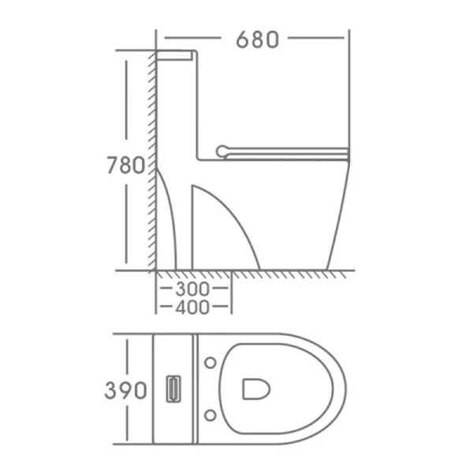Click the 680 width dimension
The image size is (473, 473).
tap(257, 39)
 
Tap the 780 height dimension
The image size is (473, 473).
tap(126, 165)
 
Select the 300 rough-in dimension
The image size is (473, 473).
tap(192, 289)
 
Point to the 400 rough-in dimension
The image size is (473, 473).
tap(192, 307)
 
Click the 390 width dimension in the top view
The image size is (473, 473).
tap(125, 390)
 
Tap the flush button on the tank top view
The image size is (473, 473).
tap(173, 389)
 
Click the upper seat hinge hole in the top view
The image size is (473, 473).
tap(210, 363)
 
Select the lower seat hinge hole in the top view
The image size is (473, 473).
tap(210, 415)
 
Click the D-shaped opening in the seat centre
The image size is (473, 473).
tap(256, 389)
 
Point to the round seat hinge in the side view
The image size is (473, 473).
tap(222, 151)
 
